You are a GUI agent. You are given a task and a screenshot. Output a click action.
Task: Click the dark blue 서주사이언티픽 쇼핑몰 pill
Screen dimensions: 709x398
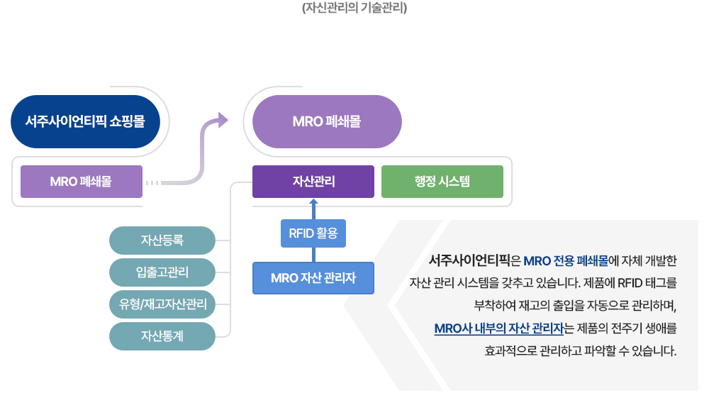click(86, 121)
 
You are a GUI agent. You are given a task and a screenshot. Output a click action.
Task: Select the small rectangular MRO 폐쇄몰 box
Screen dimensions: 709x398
click(82, 182)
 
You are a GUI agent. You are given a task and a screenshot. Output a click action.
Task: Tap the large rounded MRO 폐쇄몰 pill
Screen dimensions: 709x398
click(327, 121)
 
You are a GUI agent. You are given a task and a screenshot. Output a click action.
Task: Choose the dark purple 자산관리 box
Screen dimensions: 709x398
click(313, 182)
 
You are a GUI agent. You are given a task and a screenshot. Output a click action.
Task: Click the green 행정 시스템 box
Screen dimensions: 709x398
click(442, 182)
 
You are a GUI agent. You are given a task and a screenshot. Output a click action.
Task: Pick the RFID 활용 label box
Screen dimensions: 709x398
click(313, 233)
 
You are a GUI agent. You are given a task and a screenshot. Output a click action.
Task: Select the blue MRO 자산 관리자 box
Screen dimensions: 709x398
click(313, 278)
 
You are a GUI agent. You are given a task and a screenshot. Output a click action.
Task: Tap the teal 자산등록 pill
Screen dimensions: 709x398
click(162, 241)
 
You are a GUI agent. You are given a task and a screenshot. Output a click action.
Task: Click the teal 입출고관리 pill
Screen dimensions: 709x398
click(162, 272)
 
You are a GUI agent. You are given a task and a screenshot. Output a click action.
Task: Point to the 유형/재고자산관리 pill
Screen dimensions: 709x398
click(162, 304)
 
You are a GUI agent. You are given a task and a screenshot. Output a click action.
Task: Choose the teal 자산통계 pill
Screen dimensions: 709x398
click(162, 336)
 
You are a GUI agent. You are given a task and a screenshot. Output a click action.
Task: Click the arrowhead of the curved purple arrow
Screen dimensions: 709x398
click(223, 121)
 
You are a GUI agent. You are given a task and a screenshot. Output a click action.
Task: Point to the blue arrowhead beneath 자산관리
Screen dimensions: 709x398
click(313, 202)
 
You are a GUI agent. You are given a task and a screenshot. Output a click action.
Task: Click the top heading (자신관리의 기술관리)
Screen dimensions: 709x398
click(354, 8)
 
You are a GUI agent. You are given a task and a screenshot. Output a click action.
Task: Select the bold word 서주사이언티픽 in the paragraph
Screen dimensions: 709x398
click(469, 260)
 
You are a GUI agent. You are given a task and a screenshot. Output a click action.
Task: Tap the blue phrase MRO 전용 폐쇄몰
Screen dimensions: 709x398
click(566, 261)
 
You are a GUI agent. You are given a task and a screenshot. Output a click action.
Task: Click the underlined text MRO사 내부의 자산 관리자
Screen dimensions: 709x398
click(499, 328)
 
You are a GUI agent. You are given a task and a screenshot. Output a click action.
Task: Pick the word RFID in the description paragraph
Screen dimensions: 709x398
click(630, 283)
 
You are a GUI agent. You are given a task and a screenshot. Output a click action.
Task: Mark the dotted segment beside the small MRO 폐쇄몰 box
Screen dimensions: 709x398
click(152, 183)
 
